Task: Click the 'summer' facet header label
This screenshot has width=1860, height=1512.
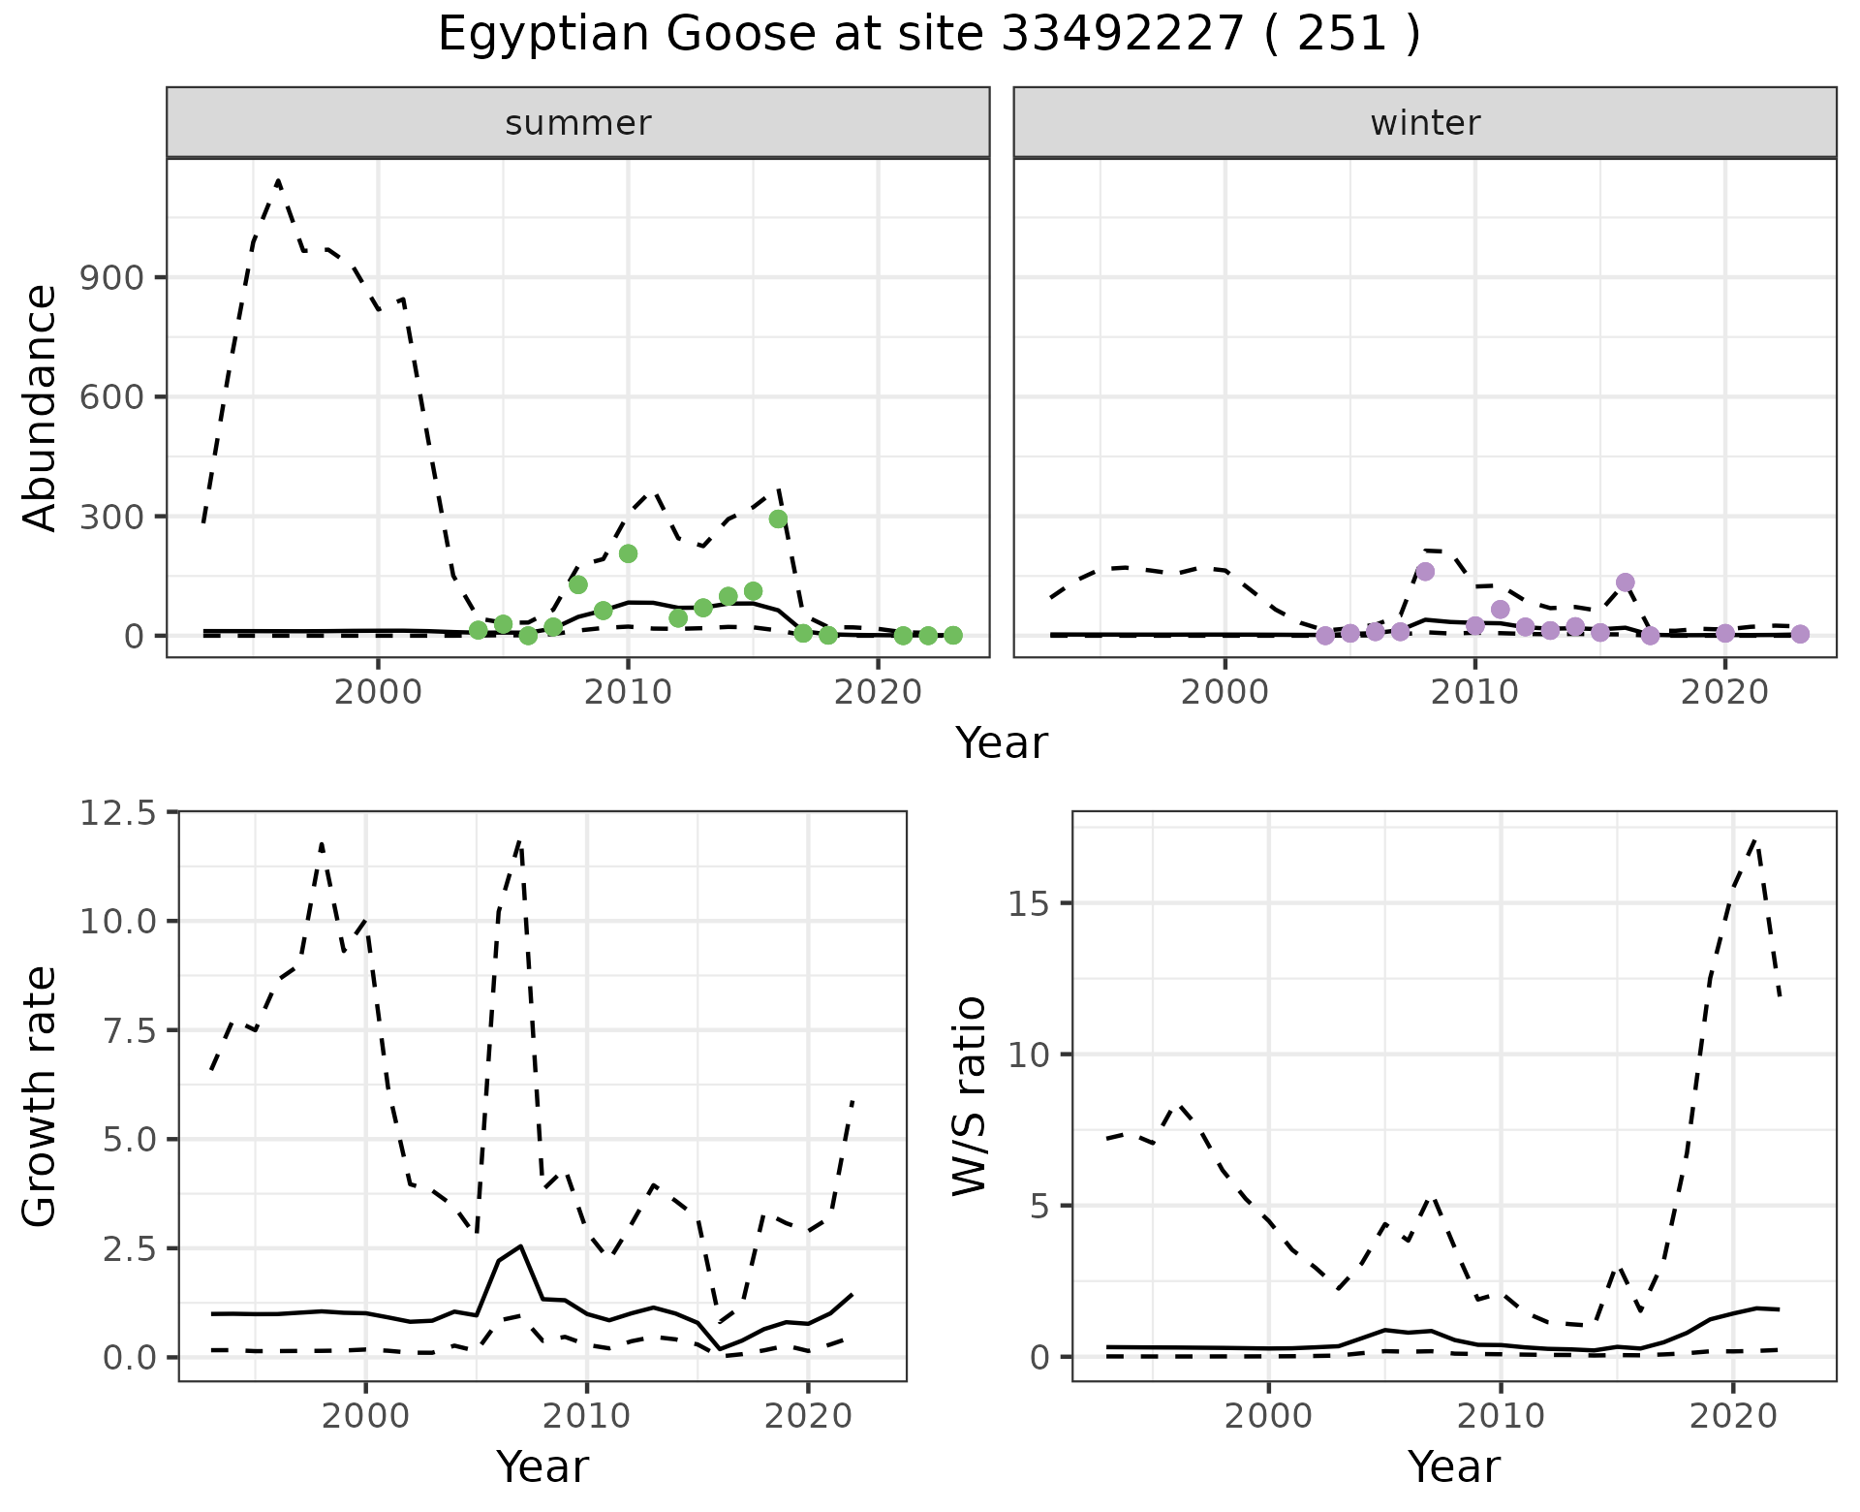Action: pyautogui.click(x=577, y=123)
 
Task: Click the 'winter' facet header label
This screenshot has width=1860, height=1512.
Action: pyautogui.click(x=1424, y=123)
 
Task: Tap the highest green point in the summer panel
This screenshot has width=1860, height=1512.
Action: pyautogui.click(x=778, y=519)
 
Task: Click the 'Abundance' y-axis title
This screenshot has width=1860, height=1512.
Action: pyautogui.click(x=41, y=407)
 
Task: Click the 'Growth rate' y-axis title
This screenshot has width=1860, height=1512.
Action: pyautogui.click(x=41, y=1097)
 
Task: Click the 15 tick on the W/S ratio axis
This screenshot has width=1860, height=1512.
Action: pyautogui.click(x=1031, y=903)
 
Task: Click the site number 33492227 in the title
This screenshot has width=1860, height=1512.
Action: pyautogui.click(x=1121, y=35)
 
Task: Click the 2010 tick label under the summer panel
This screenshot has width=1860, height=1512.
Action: pyautogui.click(x=628, y=692)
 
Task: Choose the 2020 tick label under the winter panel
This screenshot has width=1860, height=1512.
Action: pyautogui.click(x=1724, y=692)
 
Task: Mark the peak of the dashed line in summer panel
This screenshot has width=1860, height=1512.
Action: pyautogui.click(x=278, y=180)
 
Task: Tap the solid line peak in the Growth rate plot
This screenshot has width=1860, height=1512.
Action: pyautogui.click(x=521, y=1245)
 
